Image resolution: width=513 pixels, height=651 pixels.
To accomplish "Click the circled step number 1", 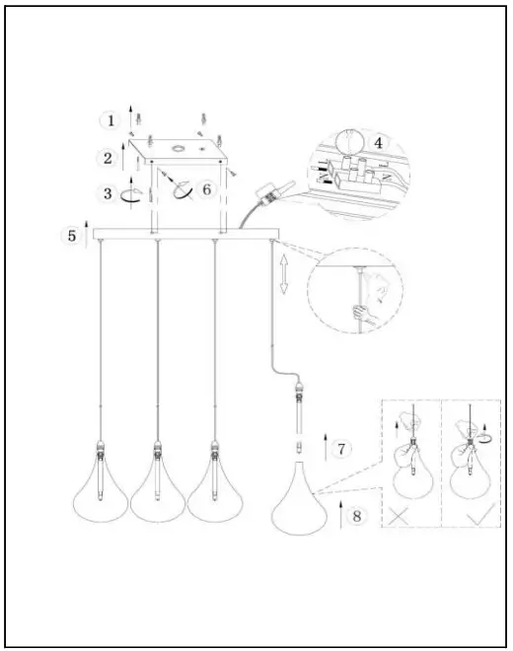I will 110,120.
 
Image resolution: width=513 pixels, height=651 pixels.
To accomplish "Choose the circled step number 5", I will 71,236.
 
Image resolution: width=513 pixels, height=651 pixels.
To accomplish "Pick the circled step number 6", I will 206,188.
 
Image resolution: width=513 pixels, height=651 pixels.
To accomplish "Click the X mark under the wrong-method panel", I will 401,513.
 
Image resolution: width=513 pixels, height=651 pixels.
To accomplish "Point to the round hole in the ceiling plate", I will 179,149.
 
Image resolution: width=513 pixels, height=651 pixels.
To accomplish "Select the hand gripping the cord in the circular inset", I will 364,314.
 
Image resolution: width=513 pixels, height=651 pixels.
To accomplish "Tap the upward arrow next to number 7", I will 323,447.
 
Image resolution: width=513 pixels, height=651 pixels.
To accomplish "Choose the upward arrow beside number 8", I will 340,514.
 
